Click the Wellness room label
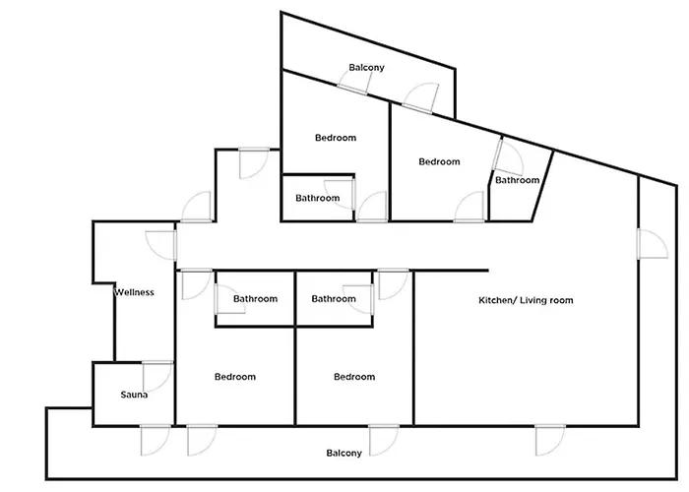pyautogui.click(x=134, y=292)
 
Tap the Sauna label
pyautogui.click(x=134, y=395)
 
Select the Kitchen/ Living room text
pyautogui.click(x=526, y=300)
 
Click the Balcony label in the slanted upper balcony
pyautogui.click(x=366, y=67)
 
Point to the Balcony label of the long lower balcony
pyautogui.click(x=344, y=453)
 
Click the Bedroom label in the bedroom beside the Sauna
pyautogui.click(x=235, y=377)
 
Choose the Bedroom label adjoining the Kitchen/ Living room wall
pyautogui.click(x=354, y=377)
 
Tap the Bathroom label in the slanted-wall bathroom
pyautogui.click(x=517, y=180)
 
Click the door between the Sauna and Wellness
pyautogui.click(x=157, y=376)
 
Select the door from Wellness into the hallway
pyautogui.click(x=161, y=245)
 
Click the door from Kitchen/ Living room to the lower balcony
pyautogui.click(x=550, y=440)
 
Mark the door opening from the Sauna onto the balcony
pyautogui.click(x=156, y=440)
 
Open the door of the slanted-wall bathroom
pyautogui.click(x=509, y=155)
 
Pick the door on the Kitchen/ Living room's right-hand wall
pyautogui.click(x=653, y=243)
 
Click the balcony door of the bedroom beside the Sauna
pyautogui.click(x=202, y=440)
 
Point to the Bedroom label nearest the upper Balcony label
pyautogui.click(x=336, y=138)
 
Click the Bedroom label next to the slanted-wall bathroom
pyautogui.click(x=439, y=161)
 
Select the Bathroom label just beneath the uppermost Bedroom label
pyautogui.click(x=317, y=198)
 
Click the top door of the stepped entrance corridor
pyautogui.click(x=254, y=163)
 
